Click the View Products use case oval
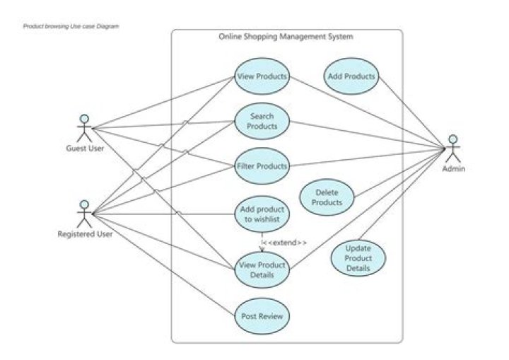click(262, 76)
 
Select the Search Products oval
click(262, 121)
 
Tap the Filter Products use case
click(262, 166)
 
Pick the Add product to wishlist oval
click(262, 214)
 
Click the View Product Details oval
click(262, 269)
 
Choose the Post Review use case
click(262, 316)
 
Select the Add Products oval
click(351, 76)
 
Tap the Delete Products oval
click(327, 197)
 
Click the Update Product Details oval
click(358, 258)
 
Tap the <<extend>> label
click(284, 243)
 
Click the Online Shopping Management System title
click(286, 37)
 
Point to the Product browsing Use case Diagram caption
click(71, 26)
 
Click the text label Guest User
click(85, 149)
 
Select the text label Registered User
click(85, 233)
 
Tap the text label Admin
click(454, 169)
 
